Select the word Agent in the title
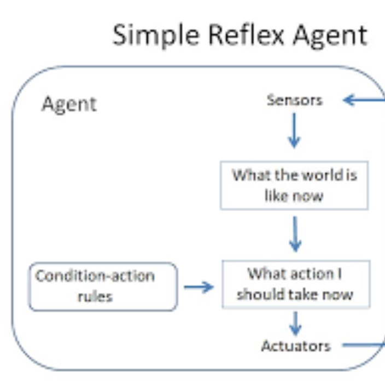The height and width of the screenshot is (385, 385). tap(330, 36)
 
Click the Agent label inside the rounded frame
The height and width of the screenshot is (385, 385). tap(69, 103)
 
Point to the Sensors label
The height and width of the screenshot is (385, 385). tap(294, 100)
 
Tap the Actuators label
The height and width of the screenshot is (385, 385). tap(296, 346)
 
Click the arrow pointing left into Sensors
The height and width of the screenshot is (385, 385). tap(363, 100)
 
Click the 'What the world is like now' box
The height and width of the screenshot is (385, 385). tap(294, 185)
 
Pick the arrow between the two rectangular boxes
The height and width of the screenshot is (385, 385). tap(295, 234)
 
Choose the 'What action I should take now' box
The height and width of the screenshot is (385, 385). tap(295, 284)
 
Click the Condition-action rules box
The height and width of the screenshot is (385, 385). tap(103, 286)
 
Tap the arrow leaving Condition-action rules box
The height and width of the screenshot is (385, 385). tap(198, 287)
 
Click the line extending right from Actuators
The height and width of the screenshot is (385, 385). tap(363, 345)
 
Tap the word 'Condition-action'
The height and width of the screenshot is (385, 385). tap(95, 276)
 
